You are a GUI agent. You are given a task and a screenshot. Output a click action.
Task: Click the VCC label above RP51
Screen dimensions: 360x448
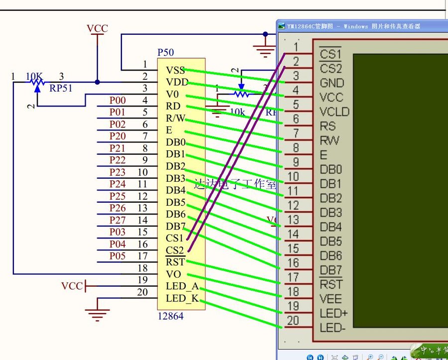click(x=97, y=29)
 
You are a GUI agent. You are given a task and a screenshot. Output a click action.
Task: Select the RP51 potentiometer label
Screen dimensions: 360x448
click(x=60, y=89)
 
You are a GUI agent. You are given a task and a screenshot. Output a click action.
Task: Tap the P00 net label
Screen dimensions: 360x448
click(x=117, y=101)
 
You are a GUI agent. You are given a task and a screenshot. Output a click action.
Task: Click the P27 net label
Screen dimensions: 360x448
click(x=117, y=220)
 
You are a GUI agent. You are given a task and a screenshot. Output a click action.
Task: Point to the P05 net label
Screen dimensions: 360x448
click(x=117, y=256)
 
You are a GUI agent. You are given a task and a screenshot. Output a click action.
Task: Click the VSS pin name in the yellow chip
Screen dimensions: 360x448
click(x=176, y=70)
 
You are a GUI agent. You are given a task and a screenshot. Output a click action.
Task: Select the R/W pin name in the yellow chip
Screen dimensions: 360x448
click(x=176, y=119)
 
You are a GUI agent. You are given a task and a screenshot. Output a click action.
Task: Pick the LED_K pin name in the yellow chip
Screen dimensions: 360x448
click(x=182, y=298)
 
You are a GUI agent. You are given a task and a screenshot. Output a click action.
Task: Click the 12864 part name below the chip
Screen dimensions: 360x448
click(x=170, y=316)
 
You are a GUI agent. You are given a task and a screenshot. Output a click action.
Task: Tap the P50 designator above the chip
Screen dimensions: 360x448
click(x=166, y=52)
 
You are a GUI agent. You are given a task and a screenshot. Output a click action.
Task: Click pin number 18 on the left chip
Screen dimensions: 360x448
click(x=143, y=268)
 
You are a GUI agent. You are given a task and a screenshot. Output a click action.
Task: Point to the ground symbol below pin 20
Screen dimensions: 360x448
click(x=97, y=314)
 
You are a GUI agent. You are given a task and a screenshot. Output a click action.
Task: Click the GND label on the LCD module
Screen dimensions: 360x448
click(x=332, y=83)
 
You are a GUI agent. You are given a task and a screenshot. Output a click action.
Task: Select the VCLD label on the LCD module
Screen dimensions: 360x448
click(x=335, y=112)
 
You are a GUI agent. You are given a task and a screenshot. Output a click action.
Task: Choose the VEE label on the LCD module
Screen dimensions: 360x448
click(x=331, y=298)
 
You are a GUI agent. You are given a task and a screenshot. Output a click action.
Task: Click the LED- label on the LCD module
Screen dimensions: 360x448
click(x=333, y=328)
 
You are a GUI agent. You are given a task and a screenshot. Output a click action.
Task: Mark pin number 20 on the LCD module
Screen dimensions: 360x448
click(x=293, y=320)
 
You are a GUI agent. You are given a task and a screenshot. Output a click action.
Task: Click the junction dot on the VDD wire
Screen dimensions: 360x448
click(x=97, y=82)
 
